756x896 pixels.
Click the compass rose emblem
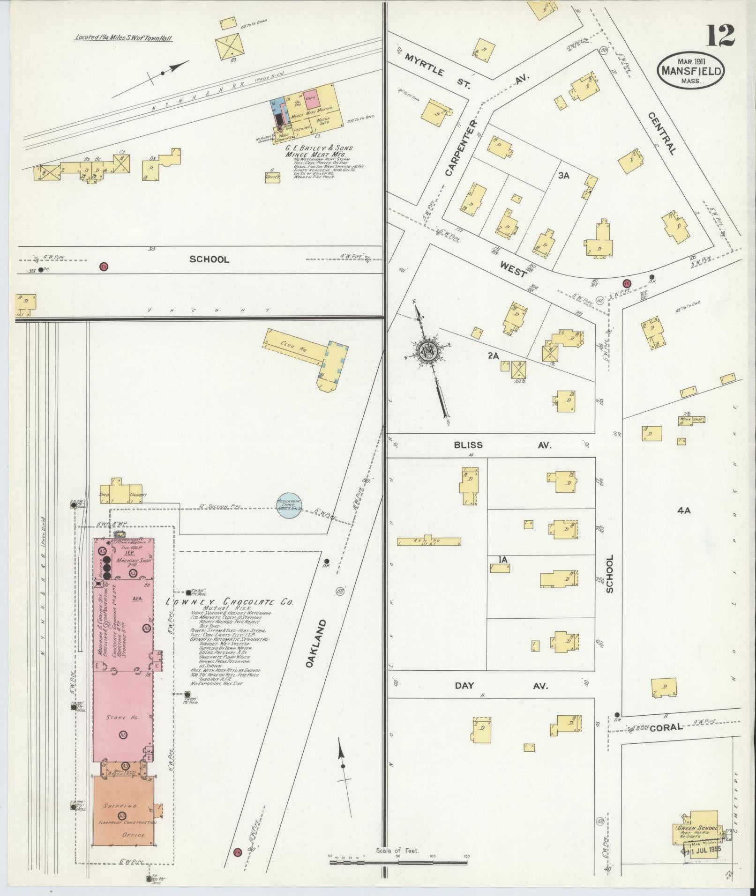coord(428,351)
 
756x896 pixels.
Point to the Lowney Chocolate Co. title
coord(230,602)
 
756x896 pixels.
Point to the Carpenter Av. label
coord(460,148)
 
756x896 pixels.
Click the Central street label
coord(662,133)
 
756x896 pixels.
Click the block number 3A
coord(563,176)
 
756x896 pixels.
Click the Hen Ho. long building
coord(429,541)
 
